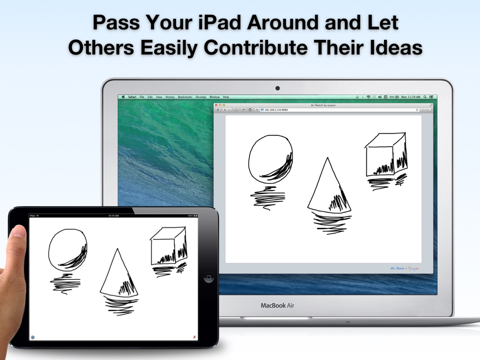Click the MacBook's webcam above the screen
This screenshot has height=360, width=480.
point(277,88)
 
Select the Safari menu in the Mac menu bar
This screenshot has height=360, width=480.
point(132,97)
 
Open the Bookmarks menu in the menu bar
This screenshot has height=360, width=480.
point(185,97)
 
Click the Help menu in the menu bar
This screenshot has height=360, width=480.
point(226,97)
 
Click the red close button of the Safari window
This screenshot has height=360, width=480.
point(216,105)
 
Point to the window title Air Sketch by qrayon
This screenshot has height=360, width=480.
point(323,105)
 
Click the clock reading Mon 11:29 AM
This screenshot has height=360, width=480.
point(411,97)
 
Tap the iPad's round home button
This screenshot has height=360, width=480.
point(209,278)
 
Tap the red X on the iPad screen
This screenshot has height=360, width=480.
point(195,337)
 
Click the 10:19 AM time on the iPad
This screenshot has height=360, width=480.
point(113,216)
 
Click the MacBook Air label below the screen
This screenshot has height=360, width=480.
point(277,306)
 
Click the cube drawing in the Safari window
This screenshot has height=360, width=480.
point(386,156)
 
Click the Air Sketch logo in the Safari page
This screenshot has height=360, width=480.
point(404,269)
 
